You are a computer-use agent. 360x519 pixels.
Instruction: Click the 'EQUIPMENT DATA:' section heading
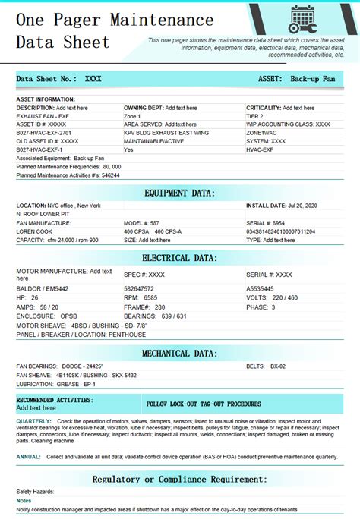pyautogui.click(x=179, y=193)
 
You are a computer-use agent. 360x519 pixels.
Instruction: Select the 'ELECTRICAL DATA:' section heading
pyautogui.click(x=179, y=258)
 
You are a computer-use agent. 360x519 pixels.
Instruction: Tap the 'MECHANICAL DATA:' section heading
pyautogui.click(x=179, y=354)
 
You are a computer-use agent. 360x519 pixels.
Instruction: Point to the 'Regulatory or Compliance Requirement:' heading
pyautogui.click(x=179, y=480)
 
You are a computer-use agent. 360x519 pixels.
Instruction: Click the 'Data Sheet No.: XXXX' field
pyautogui.click(x=58, y=79)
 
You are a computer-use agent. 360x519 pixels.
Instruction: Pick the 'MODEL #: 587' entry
pyautogui.click(x=142, y=222)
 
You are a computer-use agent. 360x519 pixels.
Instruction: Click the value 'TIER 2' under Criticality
pyautogui.click(x=255, y=116)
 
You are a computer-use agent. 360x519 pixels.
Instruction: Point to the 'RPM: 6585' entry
pyautogui.click(x=141, y=297)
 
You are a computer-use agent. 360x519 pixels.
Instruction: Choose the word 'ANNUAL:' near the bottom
pyautogui.click(x=29, y=457)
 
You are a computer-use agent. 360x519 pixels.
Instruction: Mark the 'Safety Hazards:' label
pyautogui.click(x=36, y=492)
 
